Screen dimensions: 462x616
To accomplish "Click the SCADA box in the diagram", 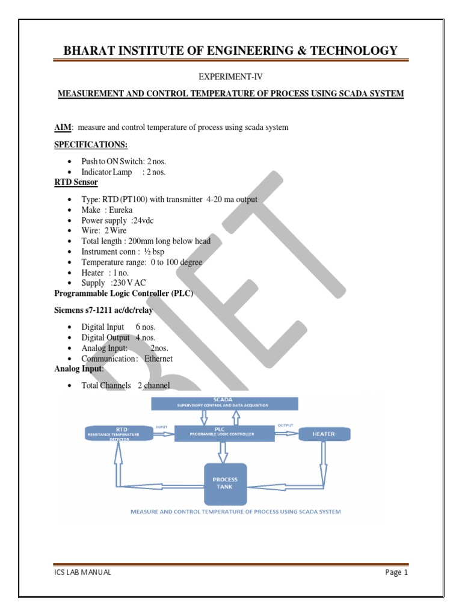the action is pos(224,403).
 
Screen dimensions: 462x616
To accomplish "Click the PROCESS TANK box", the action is pos(226,483).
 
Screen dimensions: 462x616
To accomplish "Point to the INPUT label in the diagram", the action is pos(161,426).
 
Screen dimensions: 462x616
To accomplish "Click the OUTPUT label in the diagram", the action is pos(285,426).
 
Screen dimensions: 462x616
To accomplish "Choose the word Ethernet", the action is pos(158,359).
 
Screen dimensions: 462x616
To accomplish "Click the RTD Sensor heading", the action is pos(76,182).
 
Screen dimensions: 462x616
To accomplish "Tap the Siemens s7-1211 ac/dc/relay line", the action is pos(103,310).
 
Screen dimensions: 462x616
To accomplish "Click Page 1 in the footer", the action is pos(396,572).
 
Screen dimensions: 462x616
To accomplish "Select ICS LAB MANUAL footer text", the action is pos(82,572).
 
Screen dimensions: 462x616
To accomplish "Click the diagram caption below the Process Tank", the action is pos(236,512).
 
